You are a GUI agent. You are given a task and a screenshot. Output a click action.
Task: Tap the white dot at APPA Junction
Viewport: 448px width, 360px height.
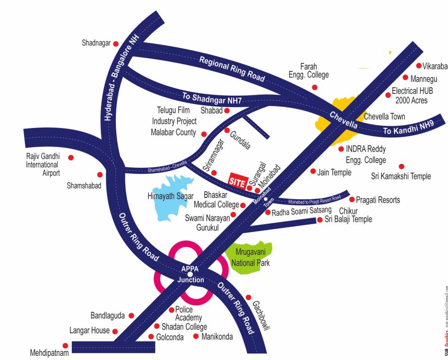click(190, 274)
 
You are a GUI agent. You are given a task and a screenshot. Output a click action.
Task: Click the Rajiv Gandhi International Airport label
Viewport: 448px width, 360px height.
click(42, 165)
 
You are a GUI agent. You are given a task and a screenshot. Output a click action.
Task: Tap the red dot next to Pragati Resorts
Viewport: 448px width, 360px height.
click(352, 200)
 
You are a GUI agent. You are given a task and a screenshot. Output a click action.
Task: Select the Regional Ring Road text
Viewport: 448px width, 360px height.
click(232, 69)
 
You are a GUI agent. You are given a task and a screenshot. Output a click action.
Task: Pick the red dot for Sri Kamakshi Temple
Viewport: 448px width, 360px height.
click(401, 166)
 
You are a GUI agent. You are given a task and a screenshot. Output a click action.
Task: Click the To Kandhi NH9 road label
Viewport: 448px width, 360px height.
click(407, 127)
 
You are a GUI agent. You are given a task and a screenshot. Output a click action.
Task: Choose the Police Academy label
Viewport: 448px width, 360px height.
click(189, 314)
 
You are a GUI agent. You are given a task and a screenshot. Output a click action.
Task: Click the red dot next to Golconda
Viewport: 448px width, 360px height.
click(151, 337)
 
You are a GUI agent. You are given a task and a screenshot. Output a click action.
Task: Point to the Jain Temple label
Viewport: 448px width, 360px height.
click(334, 172)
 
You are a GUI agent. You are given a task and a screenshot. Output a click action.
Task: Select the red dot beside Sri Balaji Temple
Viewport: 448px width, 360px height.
click(320, 219)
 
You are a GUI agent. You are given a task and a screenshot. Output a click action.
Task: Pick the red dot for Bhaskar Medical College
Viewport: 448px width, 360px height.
click(243, 205)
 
